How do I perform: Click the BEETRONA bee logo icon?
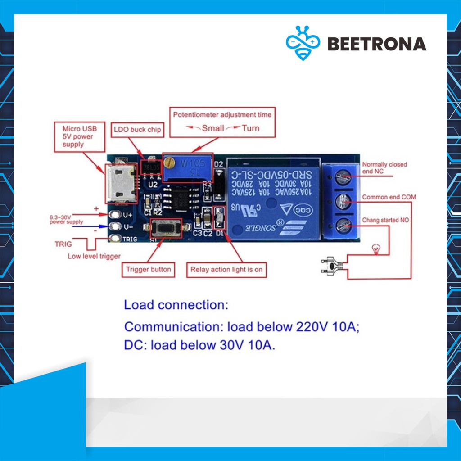point(303,43)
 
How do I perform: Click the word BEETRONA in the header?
point(376,44)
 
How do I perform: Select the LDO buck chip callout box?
point(136,130)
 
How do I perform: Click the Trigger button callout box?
point(148,270)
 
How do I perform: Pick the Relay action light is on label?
point(226,270)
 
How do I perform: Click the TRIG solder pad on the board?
point(116,239)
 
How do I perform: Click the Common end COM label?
point(389,197)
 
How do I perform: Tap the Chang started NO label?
point(385,220)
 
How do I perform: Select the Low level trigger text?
point(94,257)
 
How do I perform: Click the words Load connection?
point(176,305)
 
